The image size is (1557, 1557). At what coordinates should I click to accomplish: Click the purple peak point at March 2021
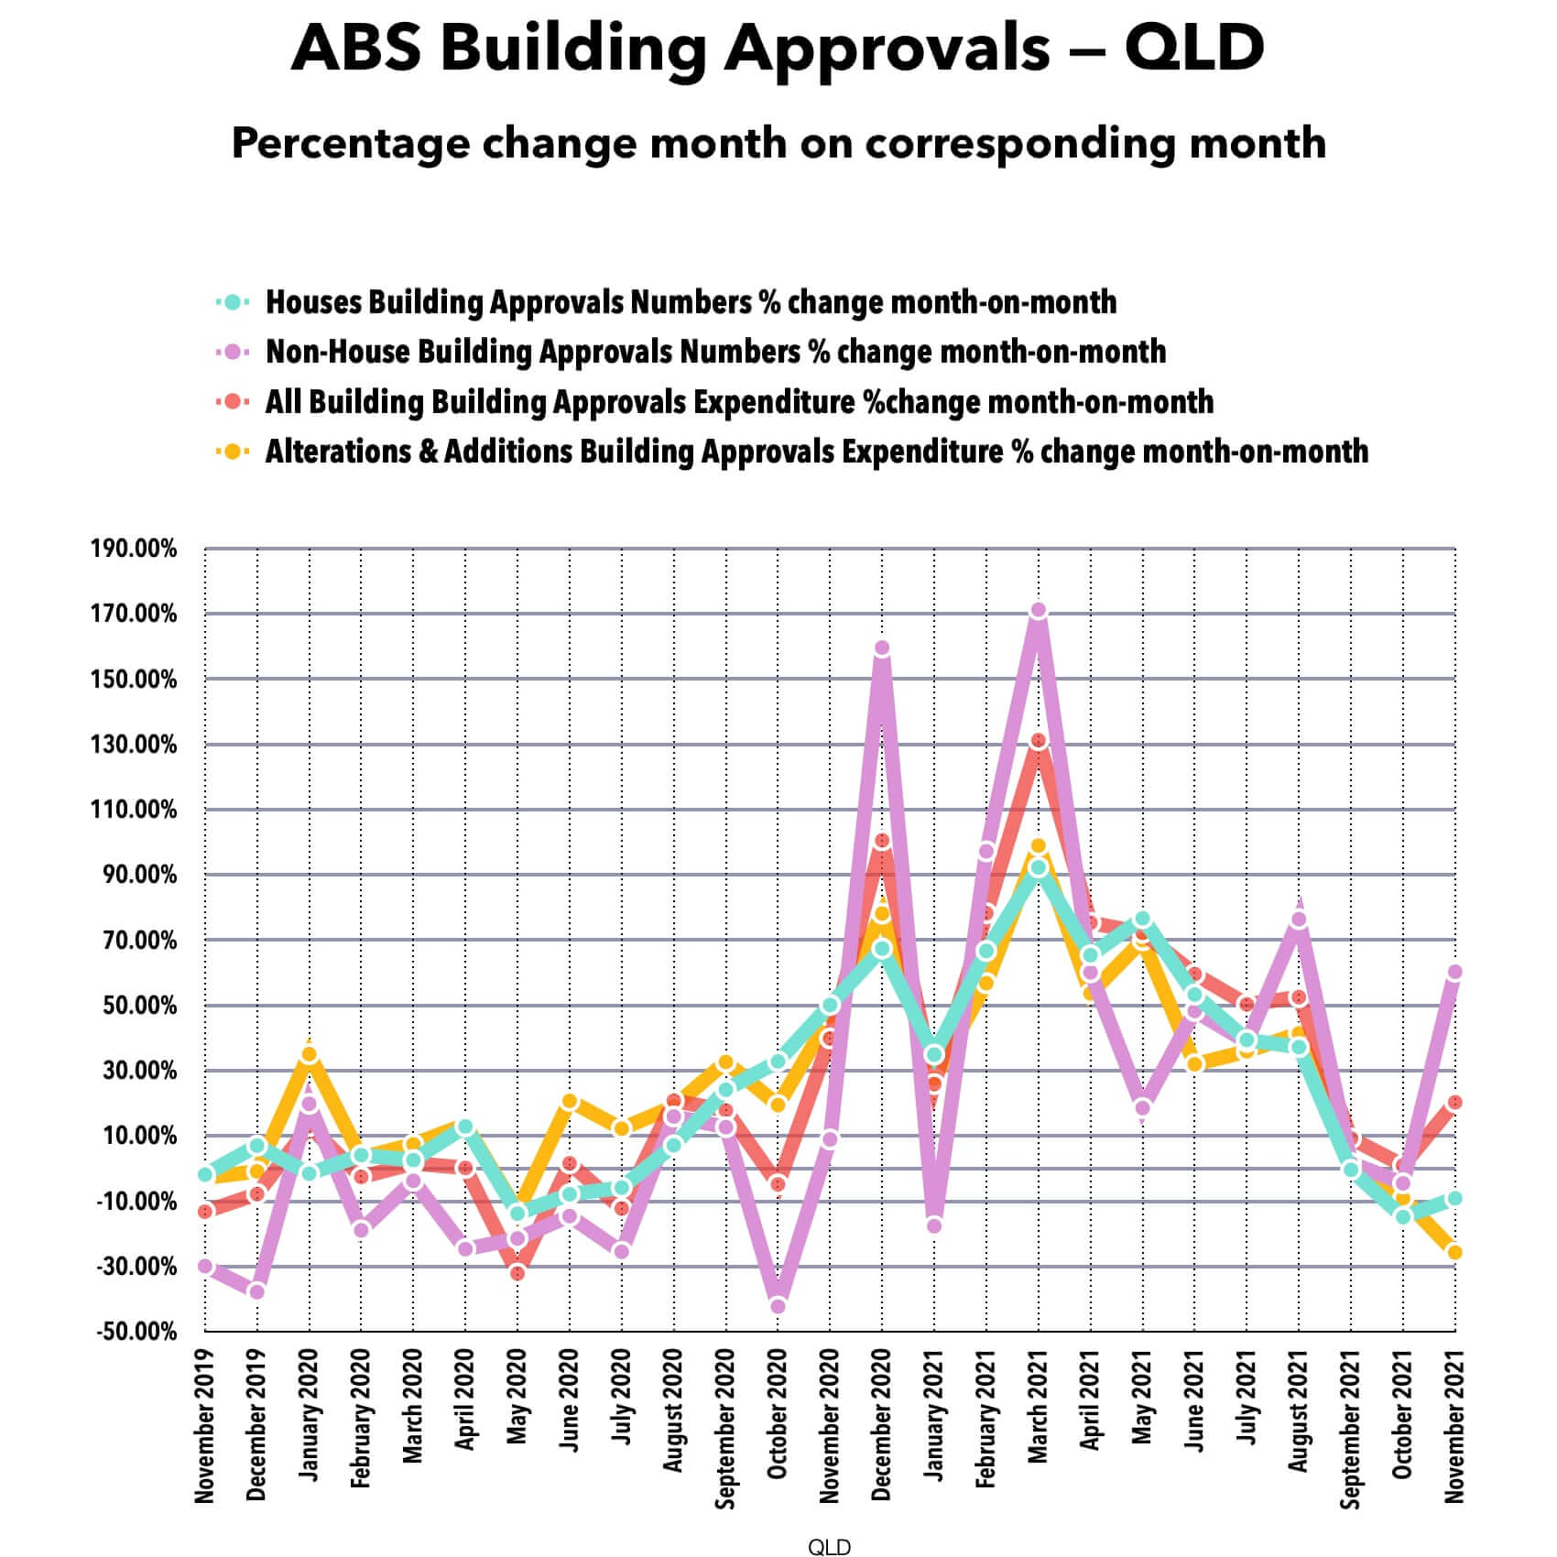(x=1038, y=611)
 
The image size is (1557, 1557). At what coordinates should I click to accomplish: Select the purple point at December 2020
(x=882, y=648)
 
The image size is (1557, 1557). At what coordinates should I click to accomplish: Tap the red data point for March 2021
(x=1038, y=741)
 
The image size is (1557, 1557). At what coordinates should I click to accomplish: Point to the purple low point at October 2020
(x=778, y=1306)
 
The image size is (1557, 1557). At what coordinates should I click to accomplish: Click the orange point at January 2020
(x=309, y=1054)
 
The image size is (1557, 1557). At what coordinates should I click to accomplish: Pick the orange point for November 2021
(x=1454, y=1252)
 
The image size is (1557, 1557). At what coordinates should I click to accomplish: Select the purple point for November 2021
(x=1454, y=973)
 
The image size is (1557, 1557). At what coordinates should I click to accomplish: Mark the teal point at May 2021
(x=1142, y=920)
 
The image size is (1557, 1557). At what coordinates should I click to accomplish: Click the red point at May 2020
(x=517, y=1273)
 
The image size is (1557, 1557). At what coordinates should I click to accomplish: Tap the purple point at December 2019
(x=256, y=1291)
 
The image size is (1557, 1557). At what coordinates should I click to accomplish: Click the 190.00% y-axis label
(x=134, y=550)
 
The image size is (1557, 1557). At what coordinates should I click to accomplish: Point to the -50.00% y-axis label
(x=136, y=1332)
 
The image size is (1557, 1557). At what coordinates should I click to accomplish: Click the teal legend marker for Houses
(x=233, y=301)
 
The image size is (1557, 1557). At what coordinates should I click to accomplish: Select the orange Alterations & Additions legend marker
(x=233, y=452)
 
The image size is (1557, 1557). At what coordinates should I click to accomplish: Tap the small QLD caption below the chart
(x=829, y=1547)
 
